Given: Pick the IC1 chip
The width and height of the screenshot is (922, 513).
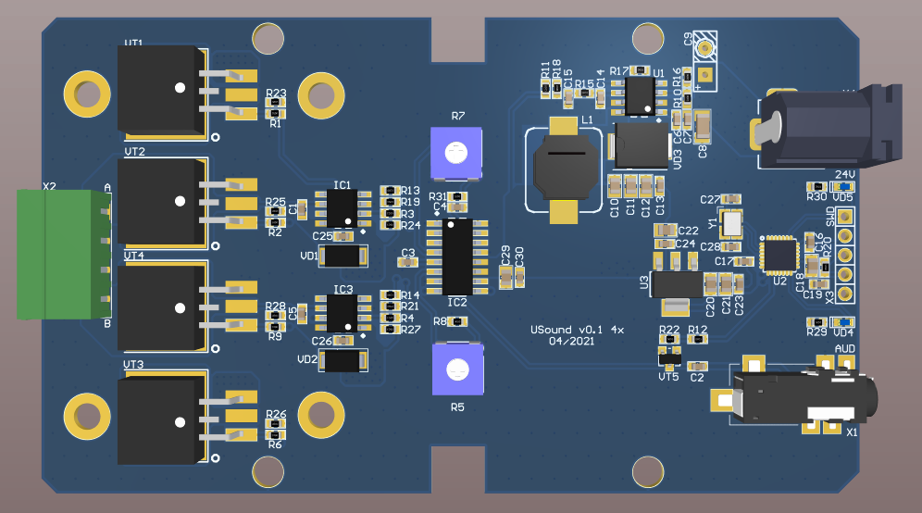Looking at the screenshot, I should pos(343,207).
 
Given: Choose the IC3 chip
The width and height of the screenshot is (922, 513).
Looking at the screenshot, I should pos(343,313).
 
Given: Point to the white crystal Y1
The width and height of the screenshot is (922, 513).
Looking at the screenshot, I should pos(733,223).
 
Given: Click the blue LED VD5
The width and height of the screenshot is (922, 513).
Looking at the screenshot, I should pos(846,186).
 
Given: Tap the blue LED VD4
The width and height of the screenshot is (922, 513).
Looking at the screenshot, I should pos(846,321).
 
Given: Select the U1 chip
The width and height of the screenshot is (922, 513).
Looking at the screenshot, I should pos(639,95).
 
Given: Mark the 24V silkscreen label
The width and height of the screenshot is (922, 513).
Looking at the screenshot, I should pos(844,174).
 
